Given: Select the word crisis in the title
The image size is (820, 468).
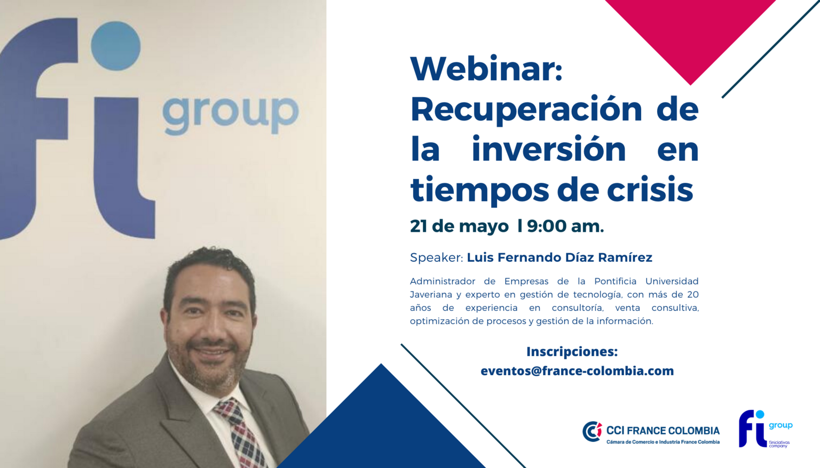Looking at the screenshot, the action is [x=650, y=189].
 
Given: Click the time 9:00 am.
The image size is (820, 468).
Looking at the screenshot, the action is [x=565, y=226].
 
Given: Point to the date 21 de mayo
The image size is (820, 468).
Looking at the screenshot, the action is [x=459, y=227].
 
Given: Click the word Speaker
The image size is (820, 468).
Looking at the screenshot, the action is [x=436, y=258].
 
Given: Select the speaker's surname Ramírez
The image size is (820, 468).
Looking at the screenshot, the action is [x=625, y=257].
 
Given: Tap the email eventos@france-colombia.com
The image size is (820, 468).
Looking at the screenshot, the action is [x=577, y=371].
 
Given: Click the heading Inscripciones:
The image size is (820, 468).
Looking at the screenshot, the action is [x=572, y=352].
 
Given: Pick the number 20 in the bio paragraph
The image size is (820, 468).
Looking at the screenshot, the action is [x=692, y=294].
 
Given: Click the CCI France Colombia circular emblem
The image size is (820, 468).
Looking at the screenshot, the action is [x=592, y=431].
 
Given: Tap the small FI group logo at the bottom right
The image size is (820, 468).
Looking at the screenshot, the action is [x=765, y=429].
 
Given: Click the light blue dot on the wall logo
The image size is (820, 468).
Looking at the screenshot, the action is [x=116, y=46].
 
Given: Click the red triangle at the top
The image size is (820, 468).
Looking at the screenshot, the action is [x=690, y=33].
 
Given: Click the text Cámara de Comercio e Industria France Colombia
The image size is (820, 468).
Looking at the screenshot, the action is [x=663, y=442].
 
